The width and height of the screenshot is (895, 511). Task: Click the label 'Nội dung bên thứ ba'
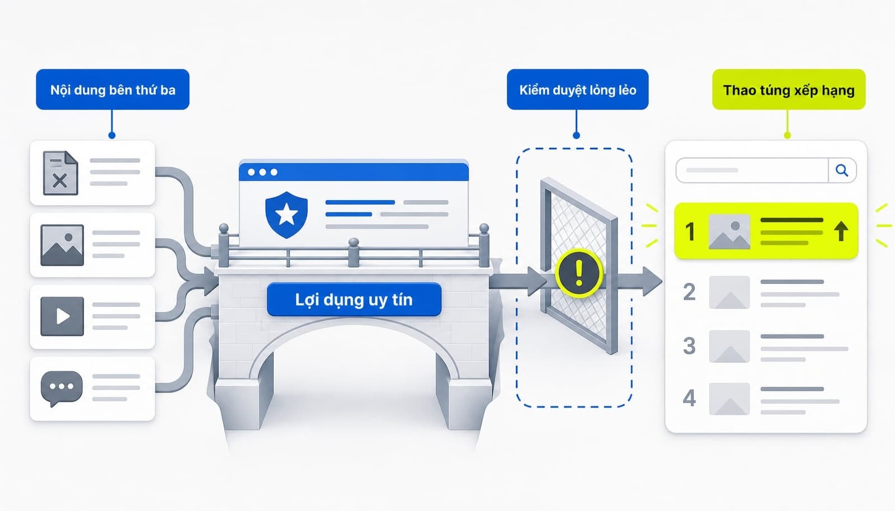pyautogui.click(x=112, y=89)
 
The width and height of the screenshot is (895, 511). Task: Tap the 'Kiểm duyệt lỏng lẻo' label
pyautogui.click(x=578, y=89)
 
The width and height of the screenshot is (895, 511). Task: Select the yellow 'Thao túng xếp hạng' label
pyautogui.click(x=789, y=89)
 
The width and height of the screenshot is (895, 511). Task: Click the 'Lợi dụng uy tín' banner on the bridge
pyautogui.click(x=354, y=300)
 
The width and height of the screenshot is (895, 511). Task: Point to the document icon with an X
pyautogui.click(x=60, y=173)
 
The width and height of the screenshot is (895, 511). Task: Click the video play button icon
pyautogui.click(x=62, y=316)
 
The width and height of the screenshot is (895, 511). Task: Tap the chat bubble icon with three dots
pyautogui.click(x=62, y=388)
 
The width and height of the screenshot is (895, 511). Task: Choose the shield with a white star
pyautogui.click(x=286, y=215)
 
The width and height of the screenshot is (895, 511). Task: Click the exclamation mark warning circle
pyautogui.click(x=579, y=273)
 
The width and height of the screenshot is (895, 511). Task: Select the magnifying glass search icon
pyautogui.click(x=842, y=171)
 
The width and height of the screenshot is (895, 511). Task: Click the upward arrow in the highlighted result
pyautogui.click(x=841, y=231)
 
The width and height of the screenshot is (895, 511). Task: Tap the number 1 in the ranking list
pyautogui.click(x=690, y=231)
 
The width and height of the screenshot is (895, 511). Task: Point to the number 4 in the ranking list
pyautogui.click(x=689, y=398)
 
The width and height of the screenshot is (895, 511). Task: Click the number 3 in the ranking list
pyautogui.click(x=689, y=346)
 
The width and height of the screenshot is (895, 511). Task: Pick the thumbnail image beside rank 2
pyautogui.click(x=729, y=292)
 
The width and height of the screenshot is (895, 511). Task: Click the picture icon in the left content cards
pyautogui.click(x=62, y=245)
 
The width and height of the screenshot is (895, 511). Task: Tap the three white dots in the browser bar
pyautogui.click(x=262, y=172)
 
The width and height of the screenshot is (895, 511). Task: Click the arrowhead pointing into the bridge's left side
pyautogui.click(x=210, y=281)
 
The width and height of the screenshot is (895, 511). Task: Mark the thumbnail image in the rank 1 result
pyautogui.click(x=729, y=231)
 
